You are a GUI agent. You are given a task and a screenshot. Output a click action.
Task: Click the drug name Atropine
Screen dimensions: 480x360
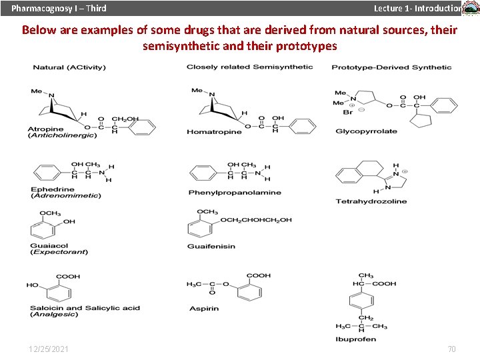[x=46, y=129]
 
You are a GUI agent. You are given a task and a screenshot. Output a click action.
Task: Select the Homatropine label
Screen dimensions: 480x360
[x=214, y=132]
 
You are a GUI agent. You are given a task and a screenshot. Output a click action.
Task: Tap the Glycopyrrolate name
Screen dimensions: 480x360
[x=366, y=131]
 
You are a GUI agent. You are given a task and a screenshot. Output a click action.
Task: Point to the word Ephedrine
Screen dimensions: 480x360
[x=53, y=189]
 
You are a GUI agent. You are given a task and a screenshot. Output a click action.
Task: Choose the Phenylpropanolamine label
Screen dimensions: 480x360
[x=235, y=193]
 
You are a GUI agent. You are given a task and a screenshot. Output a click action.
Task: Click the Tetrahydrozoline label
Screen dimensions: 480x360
[x=371, y=201]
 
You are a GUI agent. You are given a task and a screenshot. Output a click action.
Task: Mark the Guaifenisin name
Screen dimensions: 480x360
[x=211, y=246]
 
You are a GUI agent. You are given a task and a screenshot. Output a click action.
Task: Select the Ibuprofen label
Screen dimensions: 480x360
[x=356, y=339]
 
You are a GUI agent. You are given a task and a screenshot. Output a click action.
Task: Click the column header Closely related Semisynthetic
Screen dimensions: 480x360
[x=249, y=67]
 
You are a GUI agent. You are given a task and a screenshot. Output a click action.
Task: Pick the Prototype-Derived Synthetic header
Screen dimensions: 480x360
[x=391, y=67]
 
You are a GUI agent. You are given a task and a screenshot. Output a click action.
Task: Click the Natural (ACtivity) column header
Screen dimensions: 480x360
[x=69, y=67]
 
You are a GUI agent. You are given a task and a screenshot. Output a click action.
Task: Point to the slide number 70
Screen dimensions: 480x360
[x=451, y=349]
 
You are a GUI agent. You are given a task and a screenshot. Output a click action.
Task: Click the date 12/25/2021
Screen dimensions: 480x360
[x=48, y=349]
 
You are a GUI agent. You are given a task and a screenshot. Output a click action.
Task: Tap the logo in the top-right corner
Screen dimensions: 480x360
[x=471, y=8]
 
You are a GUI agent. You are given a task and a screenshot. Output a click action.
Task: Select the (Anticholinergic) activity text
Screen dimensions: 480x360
[x=63, y=135]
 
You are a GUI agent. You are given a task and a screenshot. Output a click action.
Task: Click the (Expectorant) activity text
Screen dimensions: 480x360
[x=59, y=252]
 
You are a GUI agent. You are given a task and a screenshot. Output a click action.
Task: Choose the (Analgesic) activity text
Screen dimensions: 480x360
[x=54, y=314]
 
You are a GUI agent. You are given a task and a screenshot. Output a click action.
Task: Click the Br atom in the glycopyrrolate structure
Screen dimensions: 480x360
[x=347, y=112]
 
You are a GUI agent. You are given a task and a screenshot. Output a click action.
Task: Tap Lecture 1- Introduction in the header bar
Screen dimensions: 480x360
[x=417, y=8]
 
